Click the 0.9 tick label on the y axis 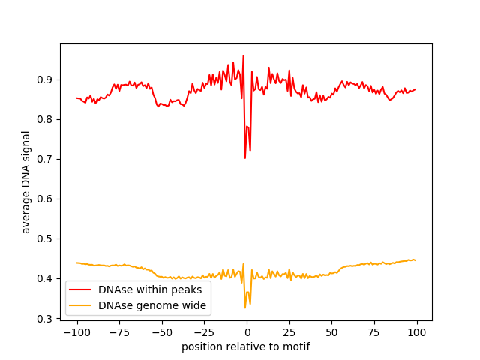click(x=44, y=80)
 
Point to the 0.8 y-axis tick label click(x=44, y=120)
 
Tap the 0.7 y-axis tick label click(x=44, y=160)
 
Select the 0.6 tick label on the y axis click(x=44, y=199)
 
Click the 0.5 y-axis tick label click(x=44, y=239)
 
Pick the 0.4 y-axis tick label click(x=44, y=279)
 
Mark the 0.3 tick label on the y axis click(x=44, y=319)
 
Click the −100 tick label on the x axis click(x=77, y=332)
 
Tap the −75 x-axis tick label click(x=120, y=332)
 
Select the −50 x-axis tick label click(x=162, y=332)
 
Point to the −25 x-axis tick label click(x=205, y=332)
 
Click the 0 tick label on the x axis click(x=247, y=332)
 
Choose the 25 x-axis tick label click(x=289, y=332)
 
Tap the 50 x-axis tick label click(x=331, y=332)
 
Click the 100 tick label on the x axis click(x=417, y=332)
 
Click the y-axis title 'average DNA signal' click(x=26, y=182)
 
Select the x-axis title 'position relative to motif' click(x=246, y=346)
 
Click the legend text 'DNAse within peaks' click(x=150, y=289)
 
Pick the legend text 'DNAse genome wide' click(x=152, y=305)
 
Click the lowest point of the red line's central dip click(x=245, y=158)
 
